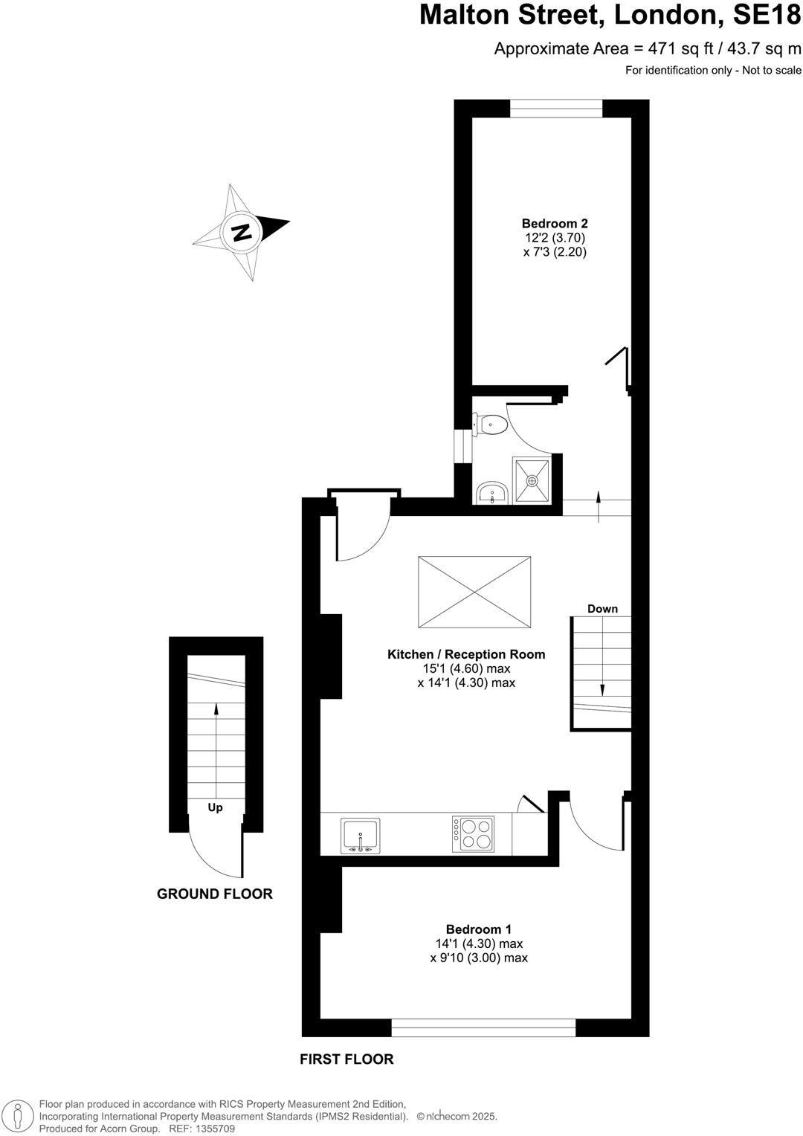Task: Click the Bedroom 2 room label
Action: [555, 223]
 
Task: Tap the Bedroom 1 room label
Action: [478, 929]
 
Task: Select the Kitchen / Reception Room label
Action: [466, 654]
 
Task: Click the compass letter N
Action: [241, 232]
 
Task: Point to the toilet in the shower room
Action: [492, 425]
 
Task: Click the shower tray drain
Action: [532, 481]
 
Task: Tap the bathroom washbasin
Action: [492, 493]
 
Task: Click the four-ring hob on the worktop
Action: [474, 834]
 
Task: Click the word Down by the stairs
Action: [602, 608]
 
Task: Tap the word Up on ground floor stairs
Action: [215, 807]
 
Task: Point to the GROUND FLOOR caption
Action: [214, 894]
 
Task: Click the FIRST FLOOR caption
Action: [346, 1059]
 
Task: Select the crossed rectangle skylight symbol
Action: [474, 593]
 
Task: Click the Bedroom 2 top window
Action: [556, 110]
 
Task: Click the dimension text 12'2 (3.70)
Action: [555, 238]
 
